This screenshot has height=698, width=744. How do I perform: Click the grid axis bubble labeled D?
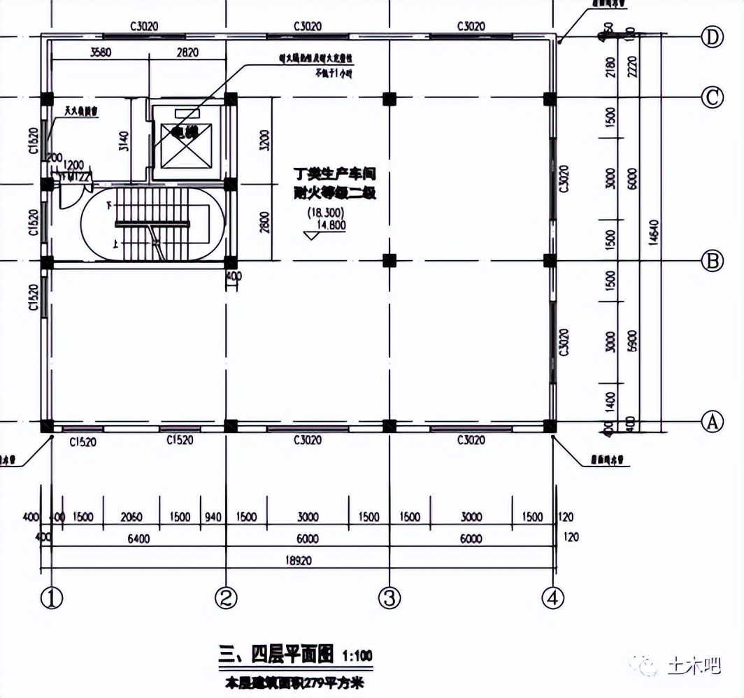pos(712,38)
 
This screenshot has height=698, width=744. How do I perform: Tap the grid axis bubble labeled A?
pos(712,422)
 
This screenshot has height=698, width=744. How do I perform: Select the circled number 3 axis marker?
pos(389,598)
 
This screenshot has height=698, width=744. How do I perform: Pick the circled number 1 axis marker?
pos(51,598)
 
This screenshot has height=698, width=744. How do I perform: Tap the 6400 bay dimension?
pos(139,539)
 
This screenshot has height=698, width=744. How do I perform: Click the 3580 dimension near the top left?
pos(102,52)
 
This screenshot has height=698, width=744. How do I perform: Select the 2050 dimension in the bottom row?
pos(131,518)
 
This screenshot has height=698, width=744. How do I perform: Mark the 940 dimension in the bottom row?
pos(213,518)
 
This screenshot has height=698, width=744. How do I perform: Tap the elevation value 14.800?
pos(332,225)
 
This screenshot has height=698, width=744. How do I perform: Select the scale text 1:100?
pos(357,656)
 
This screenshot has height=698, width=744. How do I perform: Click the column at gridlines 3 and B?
pos(389,261)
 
